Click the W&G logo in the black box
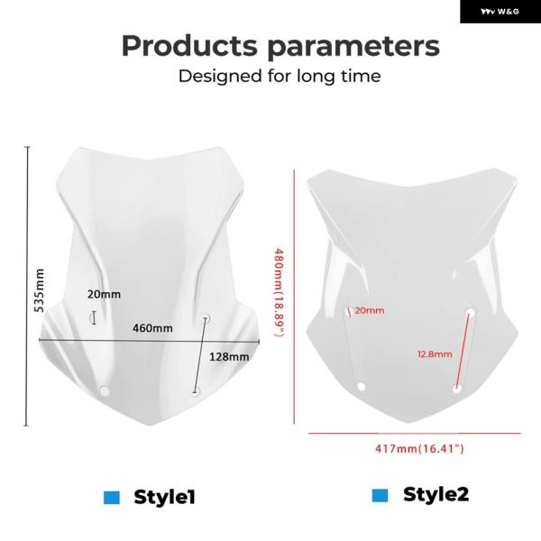click(500, 12)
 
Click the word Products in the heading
click(189, 46)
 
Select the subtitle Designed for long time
click(280, 77)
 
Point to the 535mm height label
click(40, 291)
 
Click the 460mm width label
click(152, 328)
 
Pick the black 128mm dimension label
click(229, 356)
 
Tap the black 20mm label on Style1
click(104, 294)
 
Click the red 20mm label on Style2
click(369, 310)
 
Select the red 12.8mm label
click(435, 354)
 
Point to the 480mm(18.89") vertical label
click(280, 292)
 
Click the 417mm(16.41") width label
click(419, 448)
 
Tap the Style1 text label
click(165, 497)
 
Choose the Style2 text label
click(436, 494)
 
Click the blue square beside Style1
click(112, 498)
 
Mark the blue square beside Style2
click(380, 495)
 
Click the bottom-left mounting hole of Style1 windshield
click(104, 391)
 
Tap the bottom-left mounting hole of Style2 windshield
click(362, 387)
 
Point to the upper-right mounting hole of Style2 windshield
click(470, 313)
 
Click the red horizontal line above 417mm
click(415, 433)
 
